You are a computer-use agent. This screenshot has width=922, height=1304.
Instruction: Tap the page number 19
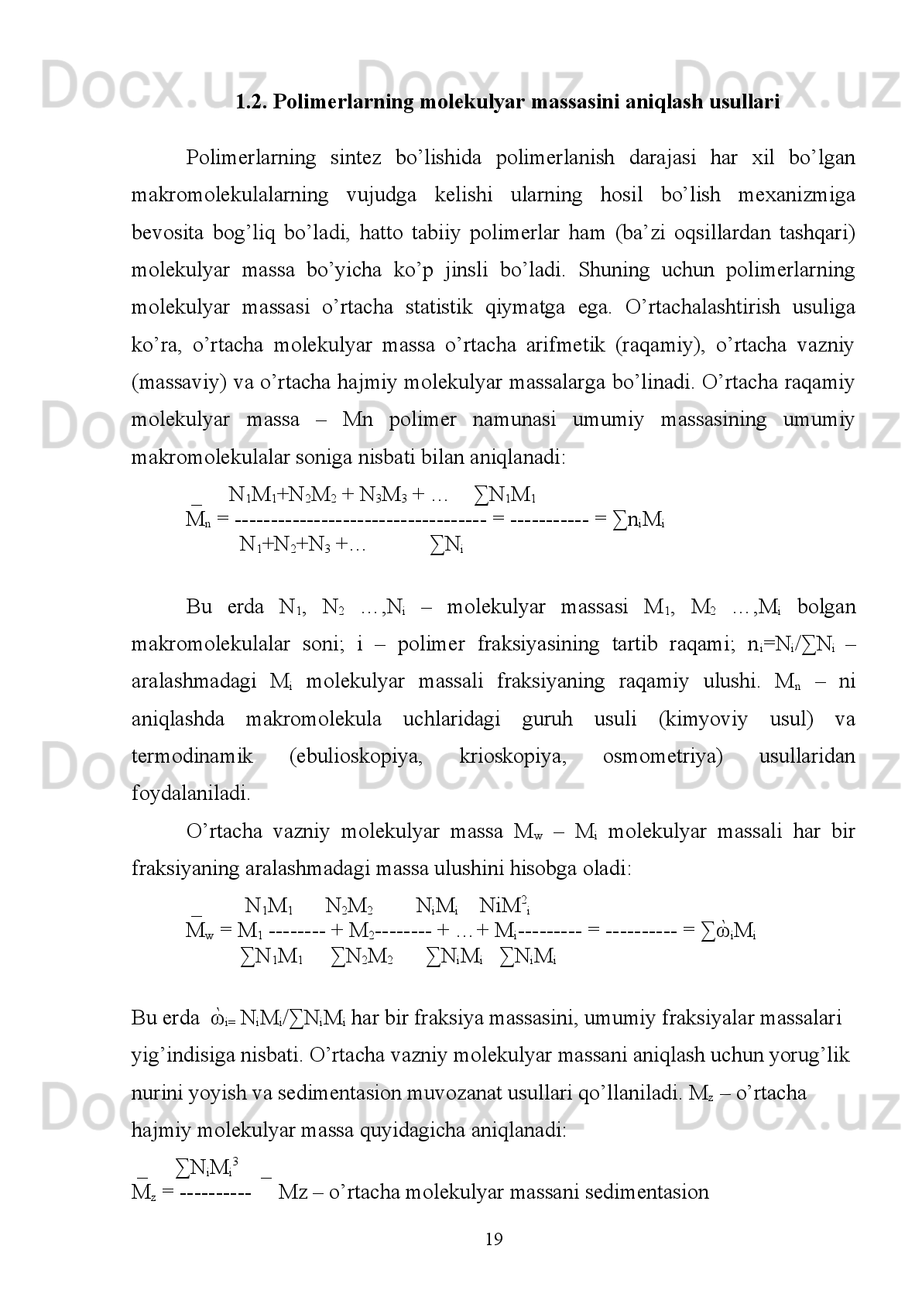pos(494,1240)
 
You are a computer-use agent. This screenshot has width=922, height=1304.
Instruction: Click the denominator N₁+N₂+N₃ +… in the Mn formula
pos(303,545)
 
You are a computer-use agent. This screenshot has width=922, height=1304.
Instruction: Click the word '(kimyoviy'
pos(702,719)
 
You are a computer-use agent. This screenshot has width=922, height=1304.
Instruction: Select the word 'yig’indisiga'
pos(176,1055)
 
